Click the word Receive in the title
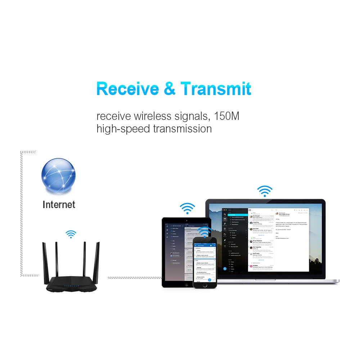click(x=127, y=89)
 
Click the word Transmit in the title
click(x=216, y=89)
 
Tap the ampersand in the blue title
click(x=170, y=89)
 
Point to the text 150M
click(x=227, y=116)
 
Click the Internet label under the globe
click(x=59, y=205)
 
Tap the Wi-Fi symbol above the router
click(x=71, y=234)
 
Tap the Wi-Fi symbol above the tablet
click(x=187, y=208)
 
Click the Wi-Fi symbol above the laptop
click(x=265, y=191)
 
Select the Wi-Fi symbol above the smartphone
click(x=204, y=231)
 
